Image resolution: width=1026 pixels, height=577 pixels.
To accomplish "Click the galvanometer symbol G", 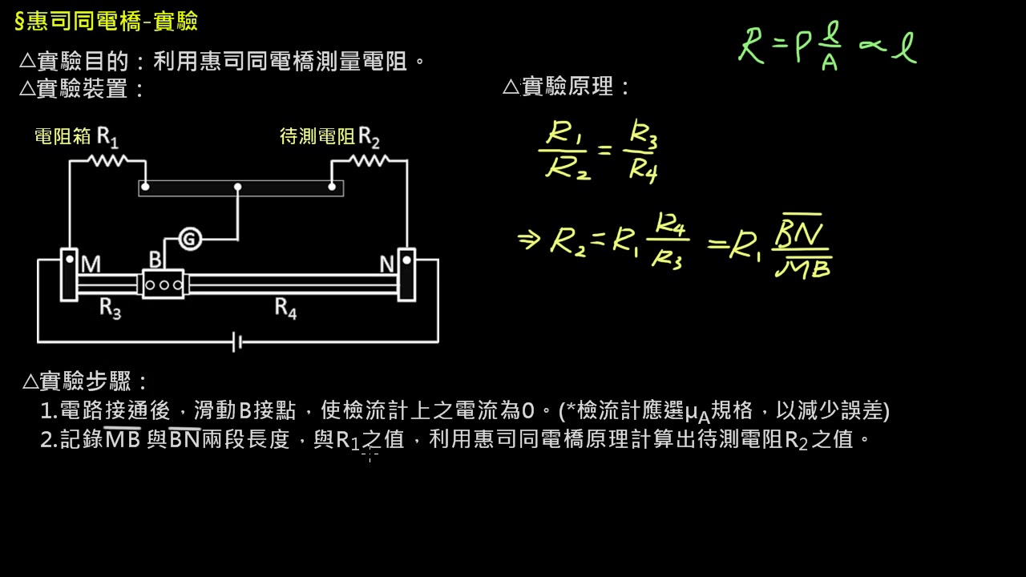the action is point(190,239).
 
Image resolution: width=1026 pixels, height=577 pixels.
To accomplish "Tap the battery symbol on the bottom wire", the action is point(237,342).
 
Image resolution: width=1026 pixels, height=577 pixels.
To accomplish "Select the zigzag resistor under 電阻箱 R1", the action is point(107,160).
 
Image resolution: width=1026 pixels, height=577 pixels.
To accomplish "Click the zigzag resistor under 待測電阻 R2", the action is point(370,160).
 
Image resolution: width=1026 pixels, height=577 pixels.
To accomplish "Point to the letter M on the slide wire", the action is point(91,264).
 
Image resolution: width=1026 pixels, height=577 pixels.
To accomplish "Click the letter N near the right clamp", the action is point(387,264).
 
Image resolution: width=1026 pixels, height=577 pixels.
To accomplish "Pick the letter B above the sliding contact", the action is point(156,260).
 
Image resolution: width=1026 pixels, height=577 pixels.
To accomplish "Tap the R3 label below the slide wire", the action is point(111,308).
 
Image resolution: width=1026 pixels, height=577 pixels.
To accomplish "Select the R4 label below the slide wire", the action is point(286,308).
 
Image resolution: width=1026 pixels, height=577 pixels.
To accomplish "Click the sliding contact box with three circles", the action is point(164,284).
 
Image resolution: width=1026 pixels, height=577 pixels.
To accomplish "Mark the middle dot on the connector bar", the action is point(238,187).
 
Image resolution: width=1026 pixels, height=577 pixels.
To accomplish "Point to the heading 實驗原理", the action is point(566,86).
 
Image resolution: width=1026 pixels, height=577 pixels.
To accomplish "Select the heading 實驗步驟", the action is point(85,381).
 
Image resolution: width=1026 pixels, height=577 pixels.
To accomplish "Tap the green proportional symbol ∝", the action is point(872,45).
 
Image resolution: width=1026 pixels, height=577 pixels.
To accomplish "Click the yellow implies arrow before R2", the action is point(529,239).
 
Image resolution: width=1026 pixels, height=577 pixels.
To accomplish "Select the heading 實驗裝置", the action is point(83,88).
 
